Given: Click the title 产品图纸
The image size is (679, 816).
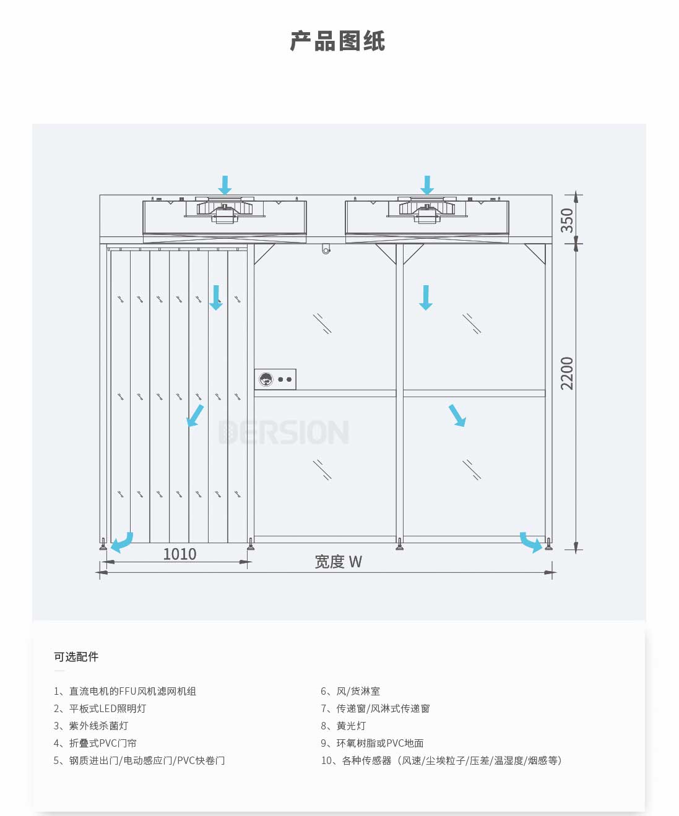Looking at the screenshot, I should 338,41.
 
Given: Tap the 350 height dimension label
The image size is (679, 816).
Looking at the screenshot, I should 567,220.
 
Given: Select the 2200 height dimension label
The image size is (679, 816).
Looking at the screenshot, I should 567,373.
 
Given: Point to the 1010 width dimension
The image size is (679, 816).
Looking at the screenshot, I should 179,554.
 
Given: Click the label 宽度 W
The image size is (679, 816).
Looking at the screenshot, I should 338,562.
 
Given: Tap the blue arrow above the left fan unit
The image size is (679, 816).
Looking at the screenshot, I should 225,184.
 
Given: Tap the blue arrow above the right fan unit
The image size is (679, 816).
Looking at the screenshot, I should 427,184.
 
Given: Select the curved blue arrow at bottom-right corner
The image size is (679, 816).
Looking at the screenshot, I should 530,542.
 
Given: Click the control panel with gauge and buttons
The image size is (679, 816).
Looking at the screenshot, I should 275,379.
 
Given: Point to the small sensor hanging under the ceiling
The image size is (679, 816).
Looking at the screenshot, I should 326,249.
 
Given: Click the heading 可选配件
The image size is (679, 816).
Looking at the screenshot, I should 76,657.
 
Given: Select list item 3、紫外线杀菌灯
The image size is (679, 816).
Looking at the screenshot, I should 91,726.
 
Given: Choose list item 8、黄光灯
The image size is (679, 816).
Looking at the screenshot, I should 344,726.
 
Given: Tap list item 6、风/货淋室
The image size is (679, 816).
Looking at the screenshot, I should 350,691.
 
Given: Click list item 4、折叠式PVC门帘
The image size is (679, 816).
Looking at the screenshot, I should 95,743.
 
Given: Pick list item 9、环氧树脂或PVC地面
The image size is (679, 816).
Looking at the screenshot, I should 372,743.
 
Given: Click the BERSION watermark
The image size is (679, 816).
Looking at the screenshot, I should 284,432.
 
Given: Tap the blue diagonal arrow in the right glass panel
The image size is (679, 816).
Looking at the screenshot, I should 457,415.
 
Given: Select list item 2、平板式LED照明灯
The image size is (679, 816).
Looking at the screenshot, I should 100,708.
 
